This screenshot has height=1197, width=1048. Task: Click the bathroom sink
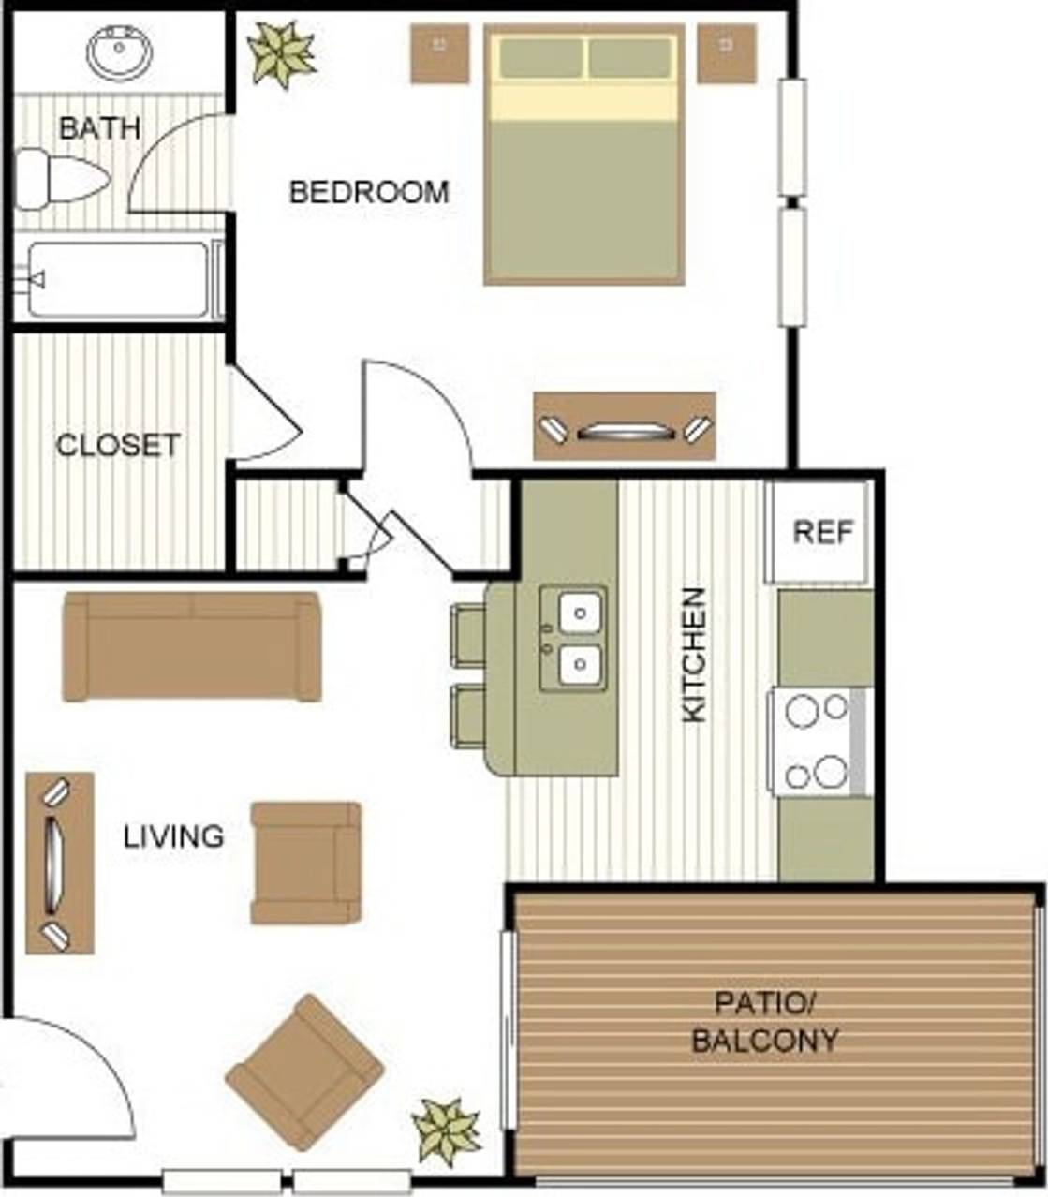click(119, 52)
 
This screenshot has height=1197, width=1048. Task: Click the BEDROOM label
click(369, 193)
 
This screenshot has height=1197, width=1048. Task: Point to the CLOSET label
click(118, 445)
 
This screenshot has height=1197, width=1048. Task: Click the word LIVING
click(173, 835)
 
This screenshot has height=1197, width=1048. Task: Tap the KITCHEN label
click(694, 655)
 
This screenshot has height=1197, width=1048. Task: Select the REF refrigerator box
click(820, 532)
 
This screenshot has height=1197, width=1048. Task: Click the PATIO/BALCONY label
click(764, 1022)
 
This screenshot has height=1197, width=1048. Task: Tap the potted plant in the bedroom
click(281, 53)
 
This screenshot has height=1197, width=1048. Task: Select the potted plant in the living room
click(447, 1130)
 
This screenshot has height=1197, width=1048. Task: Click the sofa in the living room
click(192, 646)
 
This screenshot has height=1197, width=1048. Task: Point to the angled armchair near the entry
click(304, 1072)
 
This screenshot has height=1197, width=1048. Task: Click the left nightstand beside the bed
click(439, 53)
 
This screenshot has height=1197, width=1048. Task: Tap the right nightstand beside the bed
click(726, 53)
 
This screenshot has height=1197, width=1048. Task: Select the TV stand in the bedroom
click(624, 427)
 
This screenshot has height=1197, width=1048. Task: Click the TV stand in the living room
click(59, 863)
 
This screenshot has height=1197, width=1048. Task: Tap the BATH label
click(99, 128)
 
